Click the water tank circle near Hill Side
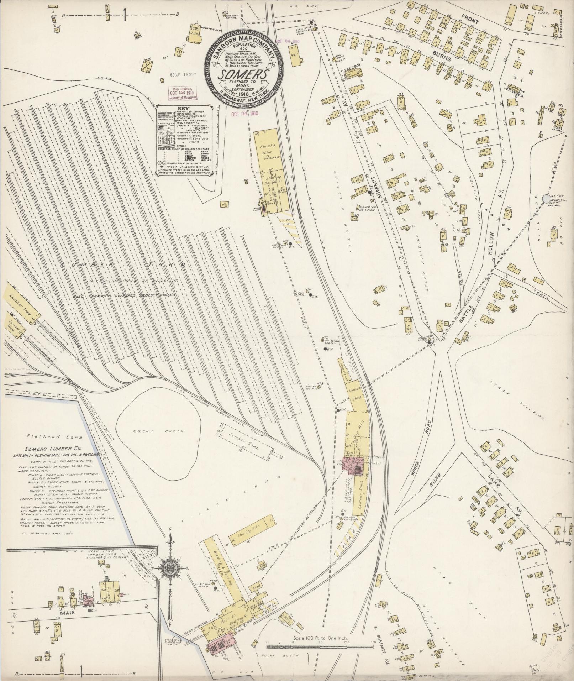tap(546, 198)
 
